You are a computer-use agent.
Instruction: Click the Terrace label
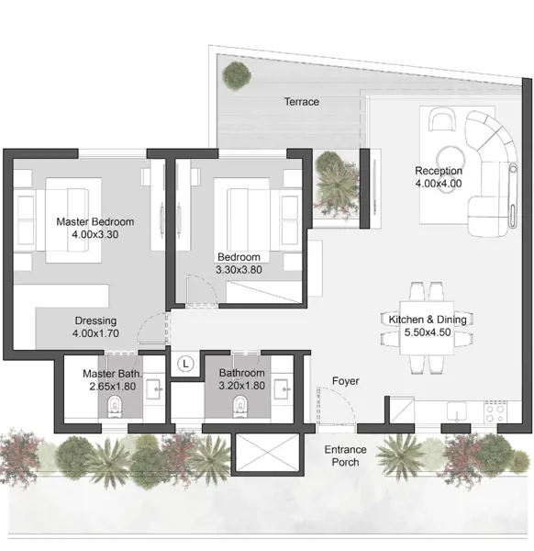coord(302,102)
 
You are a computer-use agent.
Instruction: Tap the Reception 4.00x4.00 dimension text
coord(439,184)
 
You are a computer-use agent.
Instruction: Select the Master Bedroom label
coord(95,221)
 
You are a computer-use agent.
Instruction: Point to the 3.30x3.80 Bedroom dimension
coord(239,270)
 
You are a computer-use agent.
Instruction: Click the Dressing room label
coord(95,320)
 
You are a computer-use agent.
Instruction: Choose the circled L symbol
coord(185,364)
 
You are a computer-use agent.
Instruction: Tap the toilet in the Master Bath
coord(115,407)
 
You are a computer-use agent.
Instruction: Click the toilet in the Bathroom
coord(240,407)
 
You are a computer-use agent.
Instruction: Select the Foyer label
coord(346,381)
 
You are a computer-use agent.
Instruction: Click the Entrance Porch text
coord(346,455)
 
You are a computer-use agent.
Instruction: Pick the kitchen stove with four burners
coord(495,411)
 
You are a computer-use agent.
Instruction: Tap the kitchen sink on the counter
coord(456,411)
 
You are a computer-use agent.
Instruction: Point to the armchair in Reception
coord(442,119)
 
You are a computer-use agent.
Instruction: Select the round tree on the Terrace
coord(237,76)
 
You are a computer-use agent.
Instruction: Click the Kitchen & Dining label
coord(428,320)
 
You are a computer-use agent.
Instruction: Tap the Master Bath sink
coord(154,389)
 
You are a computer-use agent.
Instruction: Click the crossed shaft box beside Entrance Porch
coord(267,452)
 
